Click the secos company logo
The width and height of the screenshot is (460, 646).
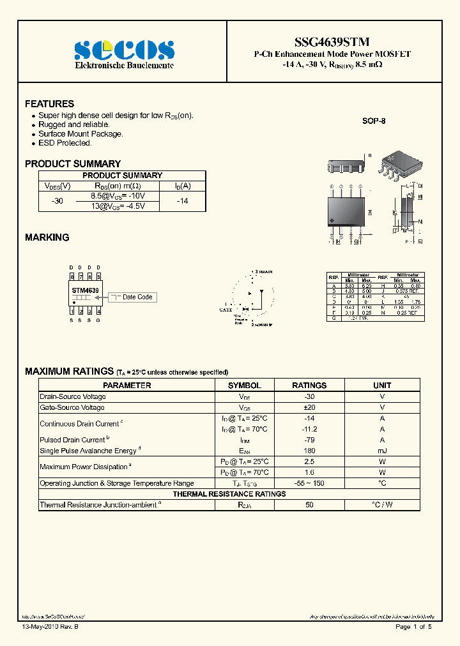(124, 50)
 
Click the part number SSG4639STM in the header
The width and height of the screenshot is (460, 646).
(333, 42)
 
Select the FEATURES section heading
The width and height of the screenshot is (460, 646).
(49, 103)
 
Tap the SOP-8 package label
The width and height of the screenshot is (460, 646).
(374, 121)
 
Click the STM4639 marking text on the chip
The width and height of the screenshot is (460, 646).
(85, 290)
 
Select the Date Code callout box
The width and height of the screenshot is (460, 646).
(137, 297)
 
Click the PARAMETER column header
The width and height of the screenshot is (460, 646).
(127, 386)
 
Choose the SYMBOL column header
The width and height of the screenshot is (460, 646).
(245, 386)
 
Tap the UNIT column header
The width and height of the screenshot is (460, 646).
(382, 386)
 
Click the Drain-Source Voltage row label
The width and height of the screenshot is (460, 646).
(73, 396)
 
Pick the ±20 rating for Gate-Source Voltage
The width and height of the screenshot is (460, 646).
(309, 407)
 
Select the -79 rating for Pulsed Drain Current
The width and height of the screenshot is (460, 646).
(309, 440)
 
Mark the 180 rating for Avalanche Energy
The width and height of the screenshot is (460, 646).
(309, 451)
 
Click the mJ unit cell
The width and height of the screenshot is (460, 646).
(382, 451)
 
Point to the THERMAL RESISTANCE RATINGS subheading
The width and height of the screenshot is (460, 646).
(229, 494)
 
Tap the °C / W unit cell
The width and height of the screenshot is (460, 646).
(382, 505)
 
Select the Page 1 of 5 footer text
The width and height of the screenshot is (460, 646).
(413, 627)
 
